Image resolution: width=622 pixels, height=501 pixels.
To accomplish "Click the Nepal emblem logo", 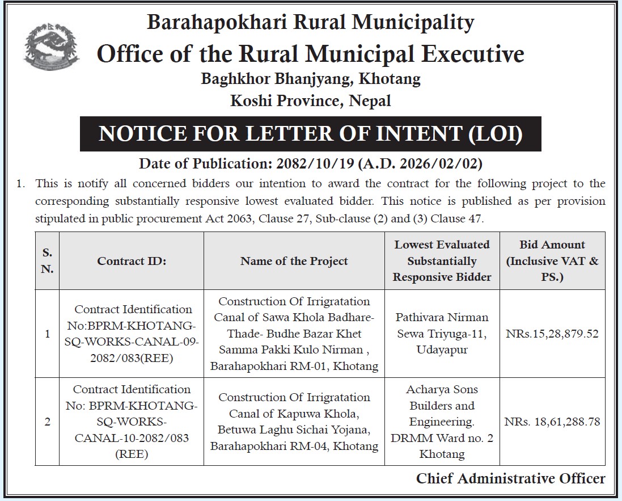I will point(50,47).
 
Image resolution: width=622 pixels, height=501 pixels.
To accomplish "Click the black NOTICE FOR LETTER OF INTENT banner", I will point(310,134).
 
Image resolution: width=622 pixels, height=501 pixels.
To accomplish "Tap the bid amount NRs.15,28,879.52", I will point(552,334).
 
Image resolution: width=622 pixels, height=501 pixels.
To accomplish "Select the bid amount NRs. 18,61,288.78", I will point(552,422).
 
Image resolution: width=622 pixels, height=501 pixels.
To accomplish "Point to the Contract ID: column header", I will point(132,261).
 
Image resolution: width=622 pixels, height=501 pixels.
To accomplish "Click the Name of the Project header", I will point(294,261).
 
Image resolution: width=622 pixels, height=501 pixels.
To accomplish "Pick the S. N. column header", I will point(47,261).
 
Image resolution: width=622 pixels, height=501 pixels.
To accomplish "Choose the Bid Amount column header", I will point(552,261).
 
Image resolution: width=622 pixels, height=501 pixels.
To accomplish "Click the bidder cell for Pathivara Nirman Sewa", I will point(442,334).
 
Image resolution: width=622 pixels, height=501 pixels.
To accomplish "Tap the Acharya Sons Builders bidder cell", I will point(442,422).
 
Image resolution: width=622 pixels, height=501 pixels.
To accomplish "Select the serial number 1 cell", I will point(47,334).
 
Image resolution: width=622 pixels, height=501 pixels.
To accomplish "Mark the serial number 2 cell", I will point(47,422).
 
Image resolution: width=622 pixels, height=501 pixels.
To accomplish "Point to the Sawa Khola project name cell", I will point(294,334).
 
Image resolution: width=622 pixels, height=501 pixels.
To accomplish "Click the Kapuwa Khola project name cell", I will point(294,422).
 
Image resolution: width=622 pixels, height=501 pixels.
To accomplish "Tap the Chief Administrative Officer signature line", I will point(510,478).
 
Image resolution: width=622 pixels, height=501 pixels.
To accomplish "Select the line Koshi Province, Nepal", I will point(310,101).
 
